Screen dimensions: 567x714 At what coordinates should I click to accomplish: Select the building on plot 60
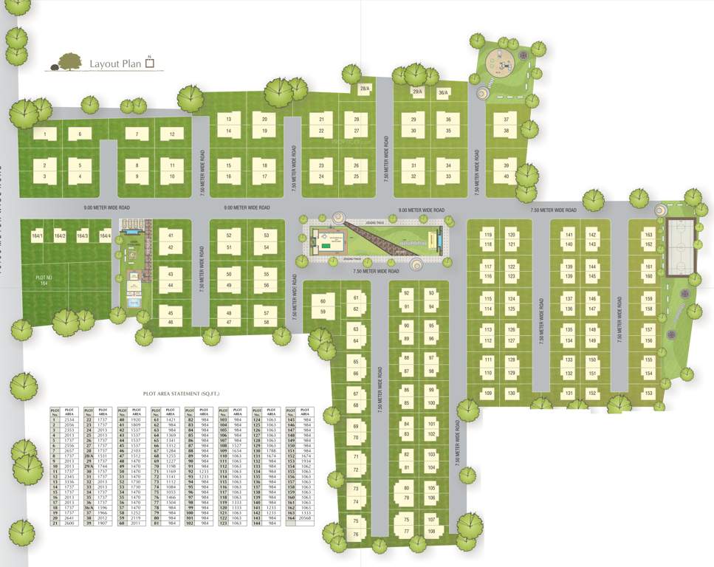pyautogui.click(x=323, y=306)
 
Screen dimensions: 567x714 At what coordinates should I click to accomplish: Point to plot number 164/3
pyautogui.click(x=83, y=236)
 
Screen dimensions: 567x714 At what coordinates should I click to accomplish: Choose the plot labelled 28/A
pyautogui.click(x=365, y=89)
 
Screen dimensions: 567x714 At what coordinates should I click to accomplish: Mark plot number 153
pyautogui.click(x=649, y=394)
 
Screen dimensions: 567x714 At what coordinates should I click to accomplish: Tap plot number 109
pyautogui.click(x=487, y=394)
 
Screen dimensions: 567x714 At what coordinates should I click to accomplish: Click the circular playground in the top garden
pyautogui.click(x=505, y=63)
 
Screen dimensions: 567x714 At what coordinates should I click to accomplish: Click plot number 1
pyautogui.click(x=45, y=134)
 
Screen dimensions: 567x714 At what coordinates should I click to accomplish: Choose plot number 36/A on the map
pyautogui.click(x=443, y=92)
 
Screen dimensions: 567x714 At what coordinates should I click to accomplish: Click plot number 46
pyautogui.click(x=171, y=322)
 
